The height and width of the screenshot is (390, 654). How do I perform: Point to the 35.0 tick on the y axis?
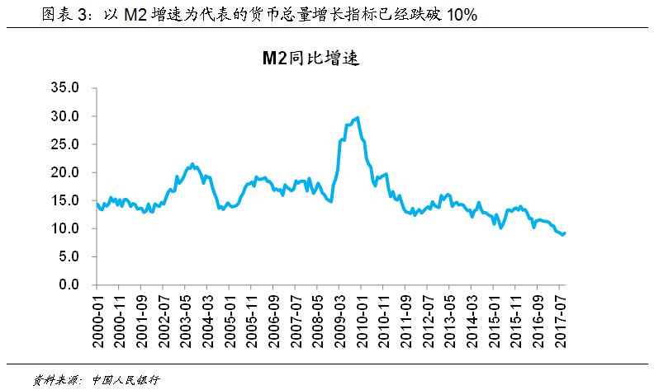click(x=64, y=87)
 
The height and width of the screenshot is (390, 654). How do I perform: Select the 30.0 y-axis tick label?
click(x=64, y=116)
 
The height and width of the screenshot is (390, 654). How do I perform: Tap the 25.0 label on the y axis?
click(x=64, y=144)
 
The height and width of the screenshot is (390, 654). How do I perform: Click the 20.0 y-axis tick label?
click(x=64, y=172)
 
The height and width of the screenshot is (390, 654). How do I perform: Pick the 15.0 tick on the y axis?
click(x=64, y=200)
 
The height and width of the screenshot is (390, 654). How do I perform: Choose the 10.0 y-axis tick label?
click(x=64, y=228)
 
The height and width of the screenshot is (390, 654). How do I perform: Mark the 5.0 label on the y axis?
click(x=68, y=256)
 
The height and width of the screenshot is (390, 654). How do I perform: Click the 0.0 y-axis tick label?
click(x=68, y=284)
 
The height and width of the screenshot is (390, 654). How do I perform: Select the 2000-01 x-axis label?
click(x=97, y=317)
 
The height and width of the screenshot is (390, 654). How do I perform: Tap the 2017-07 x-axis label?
click(x=561, y=317)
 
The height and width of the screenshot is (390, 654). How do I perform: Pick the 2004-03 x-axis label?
click(x=209, y=317)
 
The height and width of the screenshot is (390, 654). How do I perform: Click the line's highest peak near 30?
click(x=356, y=118)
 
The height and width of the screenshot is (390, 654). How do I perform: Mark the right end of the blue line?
click(x=565, y=233)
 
